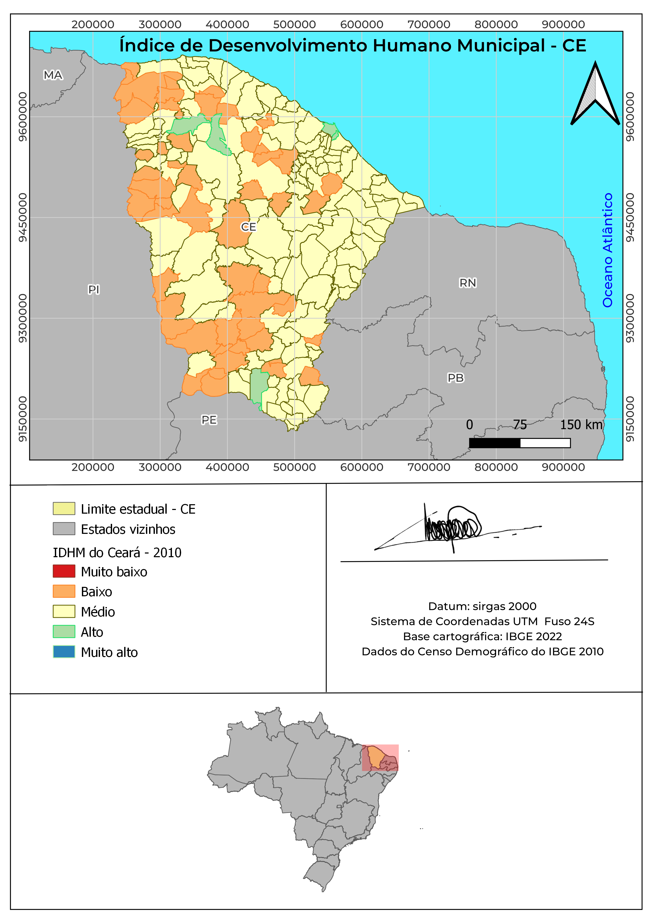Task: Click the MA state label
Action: click(53, 75)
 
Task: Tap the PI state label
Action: click(93, 289)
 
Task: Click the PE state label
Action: click(209, 420)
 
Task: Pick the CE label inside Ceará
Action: click(248, 227)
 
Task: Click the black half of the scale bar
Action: click(494, 443)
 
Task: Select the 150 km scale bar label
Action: click(581, 425)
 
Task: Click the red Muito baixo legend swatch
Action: click(64, 571)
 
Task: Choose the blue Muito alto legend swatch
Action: click(64, 652)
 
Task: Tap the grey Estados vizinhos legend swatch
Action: click(64, 529)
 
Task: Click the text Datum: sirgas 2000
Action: click(482, 606)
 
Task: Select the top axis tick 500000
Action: click(294, 24)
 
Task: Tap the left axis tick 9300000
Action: click(23, 318)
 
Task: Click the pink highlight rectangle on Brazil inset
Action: click(380, 757)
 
